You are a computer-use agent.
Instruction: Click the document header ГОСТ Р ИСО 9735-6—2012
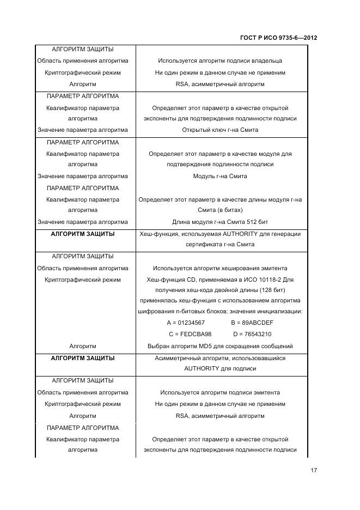tap(278, 38)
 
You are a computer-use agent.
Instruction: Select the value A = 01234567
tap(186, 323)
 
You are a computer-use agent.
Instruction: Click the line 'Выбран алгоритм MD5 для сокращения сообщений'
tap(220, 346)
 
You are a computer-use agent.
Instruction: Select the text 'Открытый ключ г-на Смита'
tap(220, 130)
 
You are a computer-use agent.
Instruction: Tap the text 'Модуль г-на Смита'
tap(220, 177)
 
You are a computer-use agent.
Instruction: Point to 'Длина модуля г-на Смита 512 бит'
tap(220, 222)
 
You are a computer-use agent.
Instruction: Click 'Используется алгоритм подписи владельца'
tap(220, 61)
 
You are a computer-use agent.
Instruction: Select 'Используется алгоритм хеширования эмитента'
tap(220, 269)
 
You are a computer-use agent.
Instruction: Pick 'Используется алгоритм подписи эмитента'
tap(220, 392)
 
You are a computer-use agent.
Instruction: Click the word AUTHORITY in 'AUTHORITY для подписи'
tap(202, 369)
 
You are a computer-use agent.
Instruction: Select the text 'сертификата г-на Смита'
tap(220, 245)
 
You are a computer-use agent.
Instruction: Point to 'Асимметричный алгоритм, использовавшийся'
tap(220, 358)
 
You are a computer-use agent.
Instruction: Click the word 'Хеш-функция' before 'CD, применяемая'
tap(163, 280)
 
